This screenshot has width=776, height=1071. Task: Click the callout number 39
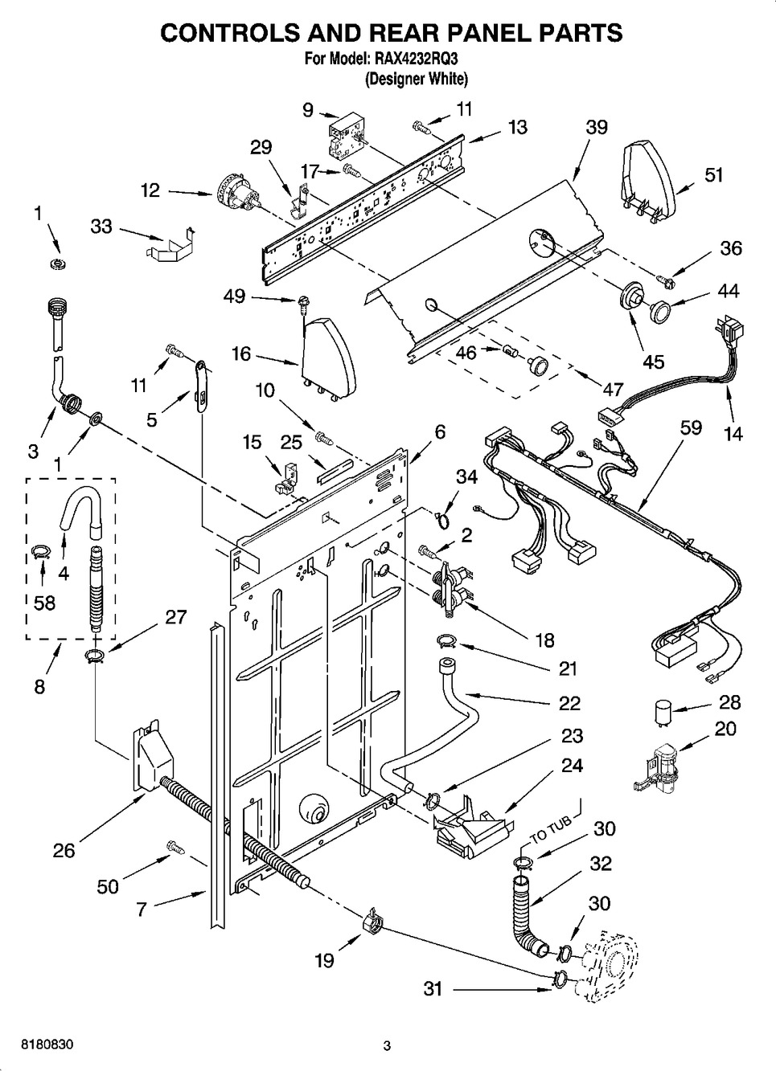click(596, 128)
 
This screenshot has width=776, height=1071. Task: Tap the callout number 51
click(714, 175)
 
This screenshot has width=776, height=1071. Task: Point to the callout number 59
click(691, 428)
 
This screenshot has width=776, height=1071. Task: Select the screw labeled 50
click(174, 846)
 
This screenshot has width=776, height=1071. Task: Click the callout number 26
click(64, 851)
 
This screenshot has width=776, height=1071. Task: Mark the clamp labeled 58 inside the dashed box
click(41, 551)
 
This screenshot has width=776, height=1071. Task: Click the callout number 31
click(433, 988)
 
